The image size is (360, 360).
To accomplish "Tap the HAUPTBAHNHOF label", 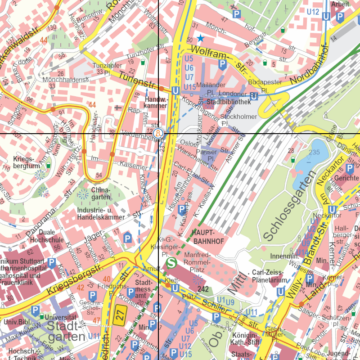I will [207, 237].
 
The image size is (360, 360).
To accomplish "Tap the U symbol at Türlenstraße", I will [176, 91].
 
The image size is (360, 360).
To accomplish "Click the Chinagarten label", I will [100, 193].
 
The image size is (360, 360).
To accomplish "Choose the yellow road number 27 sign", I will [119, 313].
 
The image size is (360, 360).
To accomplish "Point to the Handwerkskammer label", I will [156, 102].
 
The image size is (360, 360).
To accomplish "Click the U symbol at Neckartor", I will [332, 210].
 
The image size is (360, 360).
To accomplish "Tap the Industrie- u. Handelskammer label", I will [101, 214].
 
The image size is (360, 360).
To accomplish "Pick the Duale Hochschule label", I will [51, 236].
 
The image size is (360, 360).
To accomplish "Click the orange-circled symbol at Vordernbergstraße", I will [158, 134].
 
